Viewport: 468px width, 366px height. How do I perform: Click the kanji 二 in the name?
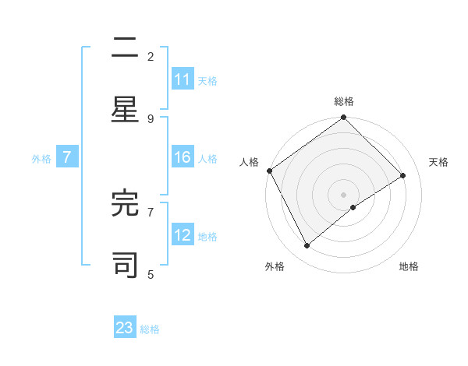click(125, 48)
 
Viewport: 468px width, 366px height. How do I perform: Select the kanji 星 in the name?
click(125, 109)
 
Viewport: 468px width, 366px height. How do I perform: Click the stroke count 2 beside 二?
click(151, 56)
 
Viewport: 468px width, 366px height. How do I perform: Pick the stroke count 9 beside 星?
click(151, 118)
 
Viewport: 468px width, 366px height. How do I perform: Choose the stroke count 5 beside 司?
click(151, 274)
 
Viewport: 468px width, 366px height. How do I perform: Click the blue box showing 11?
click(183, 79)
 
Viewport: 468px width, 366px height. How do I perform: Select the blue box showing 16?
click(183, 157)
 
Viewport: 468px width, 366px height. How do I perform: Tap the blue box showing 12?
click(183, 235)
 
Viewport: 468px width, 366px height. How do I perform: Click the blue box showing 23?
click(125, 328)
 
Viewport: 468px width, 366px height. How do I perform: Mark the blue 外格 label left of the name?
click(41, 158)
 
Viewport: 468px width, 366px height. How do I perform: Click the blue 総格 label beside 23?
click(150, 329)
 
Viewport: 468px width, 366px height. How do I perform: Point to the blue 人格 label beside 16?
click(207, 158)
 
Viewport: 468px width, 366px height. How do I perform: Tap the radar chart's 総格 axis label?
click(344, 101)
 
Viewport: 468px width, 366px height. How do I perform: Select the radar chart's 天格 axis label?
click(439, 162)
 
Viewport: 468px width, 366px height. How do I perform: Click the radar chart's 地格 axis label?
click(409, 266)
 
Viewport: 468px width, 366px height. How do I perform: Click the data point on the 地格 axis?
click(353, 207)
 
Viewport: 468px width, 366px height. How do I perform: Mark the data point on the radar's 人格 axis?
click(269, 171)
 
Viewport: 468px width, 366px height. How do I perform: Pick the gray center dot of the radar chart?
click(343, 194)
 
